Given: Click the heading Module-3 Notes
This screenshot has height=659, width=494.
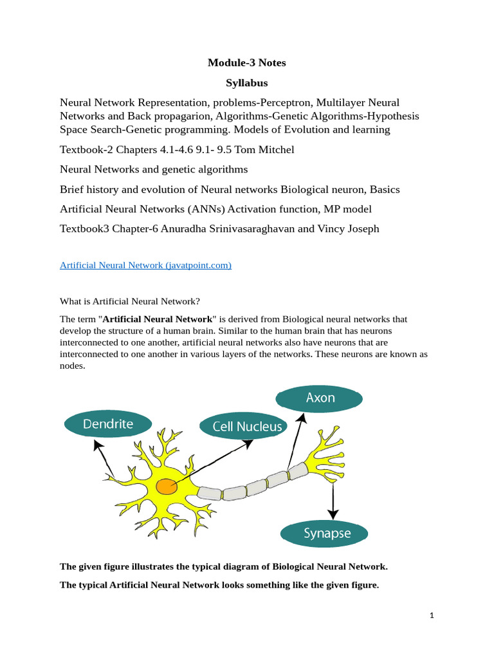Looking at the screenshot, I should click(x=246, y=62).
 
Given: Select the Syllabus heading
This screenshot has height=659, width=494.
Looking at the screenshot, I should click(x=246, y=83).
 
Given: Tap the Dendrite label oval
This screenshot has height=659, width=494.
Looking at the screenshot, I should click(x=108, y=424).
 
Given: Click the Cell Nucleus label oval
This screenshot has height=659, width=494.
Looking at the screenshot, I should click(x=241, y=426).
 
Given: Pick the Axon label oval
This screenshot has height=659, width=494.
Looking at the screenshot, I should click(x=320, y=398).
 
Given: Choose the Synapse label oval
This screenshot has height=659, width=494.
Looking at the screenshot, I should click(x=324, y=534).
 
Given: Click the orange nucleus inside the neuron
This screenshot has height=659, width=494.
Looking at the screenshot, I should click(x=167, y=487).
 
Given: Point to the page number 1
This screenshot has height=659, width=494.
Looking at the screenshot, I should click(x=432, y=616).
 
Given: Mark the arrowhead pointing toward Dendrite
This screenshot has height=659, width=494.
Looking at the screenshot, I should click(x=96, y=443).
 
